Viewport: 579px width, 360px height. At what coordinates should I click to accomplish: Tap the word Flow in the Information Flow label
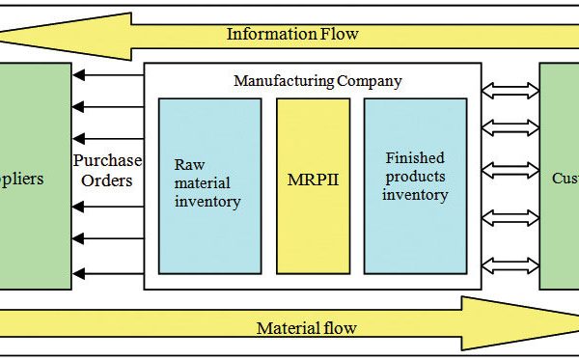pyautogui.click(x=337, y=34)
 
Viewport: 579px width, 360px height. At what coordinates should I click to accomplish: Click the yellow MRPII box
pyautogui.click(x=313, y=180)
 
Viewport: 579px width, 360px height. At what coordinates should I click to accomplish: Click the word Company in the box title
pyautogui.click(x=368, y=80)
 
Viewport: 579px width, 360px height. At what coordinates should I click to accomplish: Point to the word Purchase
pyautogui.click(x=107, y=161)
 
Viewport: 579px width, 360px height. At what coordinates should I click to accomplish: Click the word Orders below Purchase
pyautogui.click(x=107, y=180)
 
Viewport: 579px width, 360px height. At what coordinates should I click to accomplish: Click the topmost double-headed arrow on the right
pyautogui.click(x=510, y=90)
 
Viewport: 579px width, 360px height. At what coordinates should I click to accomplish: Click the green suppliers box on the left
pyautogui.click(x=35, y=176)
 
